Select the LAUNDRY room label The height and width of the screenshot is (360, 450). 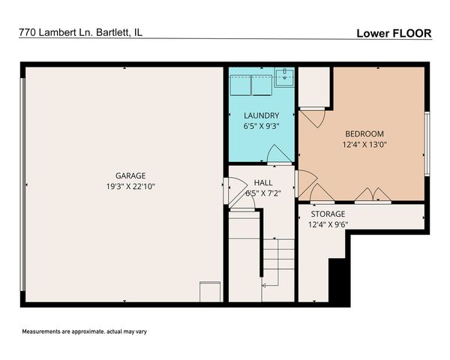261,115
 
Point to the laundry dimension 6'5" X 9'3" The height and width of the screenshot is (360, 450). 261,126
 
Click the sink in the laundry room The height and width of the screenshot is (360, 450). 284,75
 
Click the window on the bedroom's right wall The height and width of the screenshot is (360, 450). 426,142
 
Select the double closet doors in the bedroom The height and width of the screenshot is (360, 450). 373,196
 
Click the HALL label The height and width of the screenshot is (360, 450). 262,182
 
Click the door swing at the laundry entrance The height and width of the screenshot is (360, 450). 279,154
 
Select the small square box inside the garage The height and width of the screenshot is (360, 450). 210,292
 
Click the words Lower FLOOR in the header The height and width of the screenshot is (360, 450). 393,33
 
